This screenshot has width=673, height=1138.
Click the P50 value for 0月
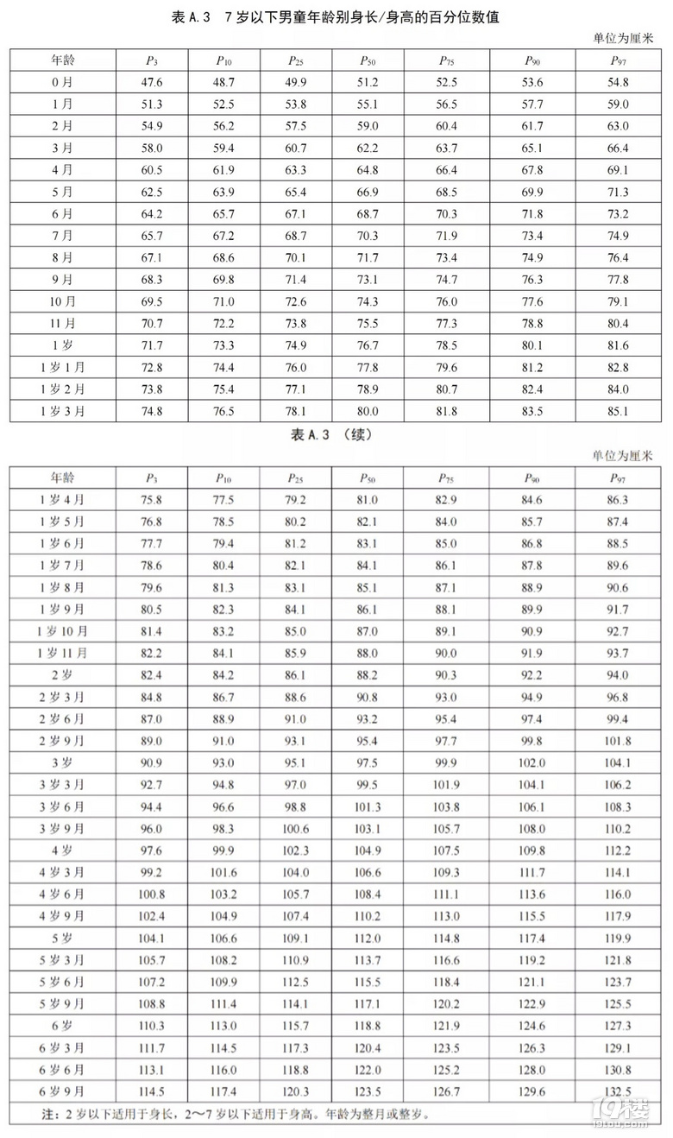click(368, 82)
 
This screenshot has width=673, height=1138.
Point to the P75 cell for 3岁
click(446, 763)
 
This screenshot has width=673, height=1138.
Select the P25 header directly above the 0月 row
click(296, 60)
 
